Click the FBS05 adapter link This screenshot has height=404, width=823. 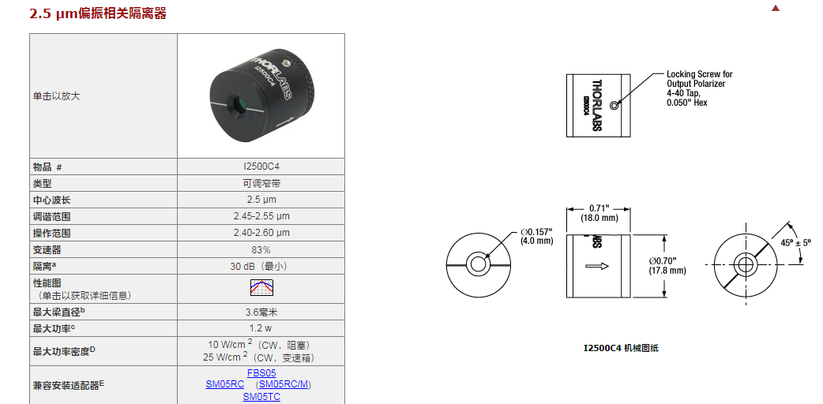pos(261,373)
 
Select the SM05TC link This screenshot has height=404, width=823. pos(261,397)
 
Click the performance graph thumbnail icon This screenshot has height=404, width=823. pos(261,287)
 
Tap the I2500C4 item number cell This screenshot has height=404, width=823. pos(261,166)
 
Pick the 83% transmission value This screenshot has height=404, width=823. pos(261,250)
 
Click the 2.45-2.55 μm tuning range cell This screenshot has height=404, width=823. pos(261,216)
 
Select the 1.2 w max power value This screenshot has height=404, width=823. pos(261,328)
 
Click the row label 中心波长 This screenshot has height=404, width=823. pos(51,200)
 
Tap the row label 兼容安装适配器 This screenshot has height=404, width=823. pos(68,385)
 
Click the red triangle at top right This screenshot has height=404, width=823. pos(776,8)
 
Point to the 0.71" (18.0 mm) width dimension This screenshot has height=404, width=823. pos(599,213)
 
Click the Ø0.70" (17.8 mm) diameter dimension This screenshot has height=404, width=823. pos(667,265)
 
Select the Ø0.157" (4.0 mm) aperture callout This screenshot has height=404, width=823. pos(536,236)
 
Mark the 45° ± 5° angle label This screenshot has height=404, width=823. pos(796,244)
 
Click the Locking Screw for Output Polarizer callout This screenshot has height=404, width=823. pos(699,88)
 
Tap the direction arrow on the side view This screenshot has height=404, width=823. pos(597,267)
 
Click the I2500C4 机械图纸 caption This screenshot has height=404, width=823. pos(621,349)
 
